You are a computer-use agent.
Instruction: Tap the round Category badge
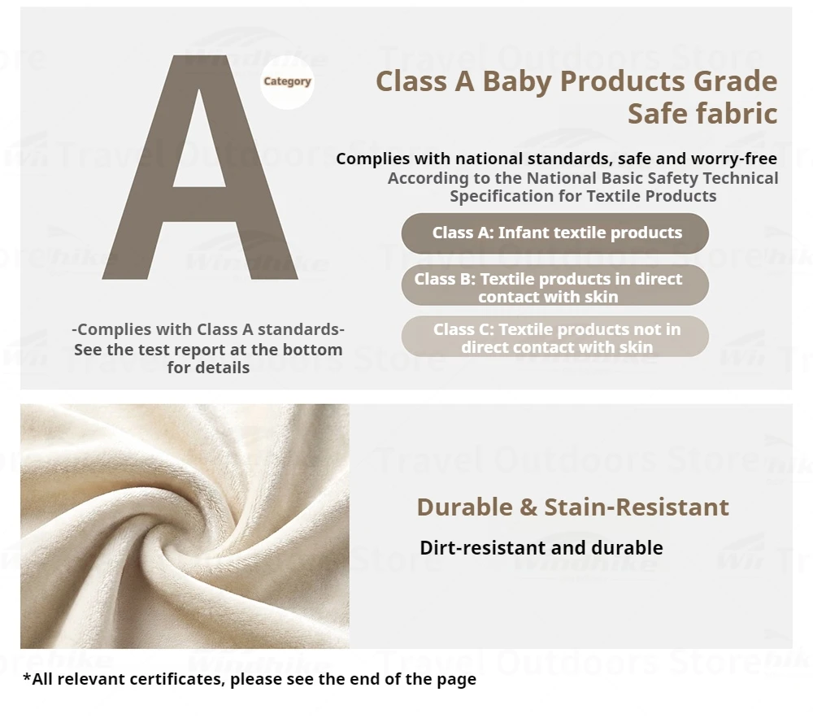tap(287, 82)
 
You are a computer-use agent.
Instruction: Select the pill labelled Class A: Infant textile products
tap(554, 233)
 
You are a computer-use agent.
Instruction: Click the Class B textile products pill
tap(554, 285)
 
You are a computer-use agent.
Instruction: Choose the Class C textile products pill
tap(554, 337)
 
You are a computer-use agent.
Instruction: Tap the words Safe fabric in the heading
tap(702, 114)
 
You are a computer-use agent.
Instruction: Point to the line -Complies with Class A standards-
tap(208, 329)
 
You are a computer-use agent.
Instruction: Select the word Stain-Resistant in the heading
tap(637, 507)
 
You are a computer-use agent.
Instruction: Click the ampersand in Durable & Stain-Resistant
tap(528, 507)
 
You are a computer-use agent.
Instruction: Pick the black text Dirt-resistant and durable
tap(541, 548)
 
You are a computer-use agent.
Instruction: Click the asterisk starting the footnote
tap(27, 676)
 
